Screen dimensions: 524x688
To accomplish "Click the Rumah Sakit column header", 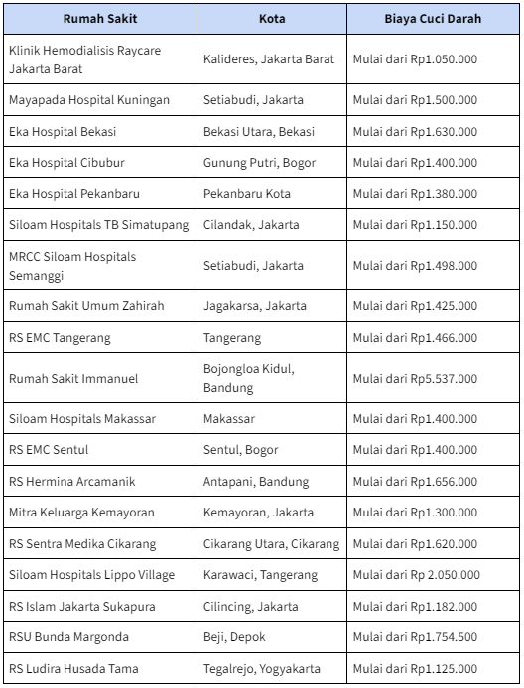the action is coord(100,19).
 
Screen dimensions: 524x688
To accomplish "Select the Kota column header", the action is coord(271,19).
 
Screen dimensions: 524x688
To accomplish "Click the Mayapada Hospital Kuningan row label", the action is coord(89,100).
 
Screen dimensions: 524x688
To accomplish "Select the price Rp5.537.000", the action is coord(415,379).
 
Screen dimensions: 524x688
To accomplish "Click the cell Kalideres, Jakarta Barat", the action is coord(269,59).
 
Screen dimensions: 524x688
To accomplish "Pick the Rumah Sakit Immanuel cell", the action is coord(73,379).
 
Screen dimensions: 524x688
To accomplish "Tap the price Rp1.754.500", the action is coord(415,636).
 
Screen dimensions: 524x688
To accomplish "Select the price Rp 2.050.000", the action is coord(417,575).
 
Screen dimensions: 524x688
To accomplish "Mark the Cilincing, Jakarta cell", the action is coord(251,606).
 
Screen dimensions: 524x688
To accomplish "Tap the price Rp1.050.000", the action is coord(415,59).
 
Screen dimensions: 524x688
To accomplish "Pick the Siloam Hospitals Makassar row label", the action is coord(82,419).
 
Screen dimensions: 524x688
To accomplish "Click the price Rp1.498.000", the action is coord(415,266).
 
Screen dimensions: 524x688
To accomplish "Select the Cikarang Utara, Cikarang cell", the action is coord(271,544).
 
